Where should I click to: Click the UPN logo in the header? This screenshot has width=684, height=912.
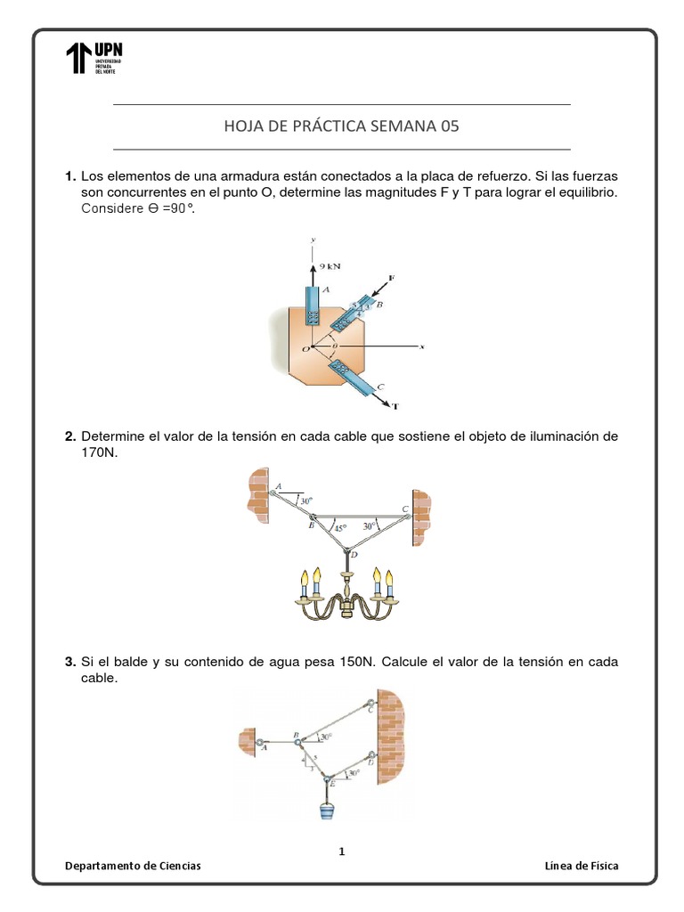(94, 58)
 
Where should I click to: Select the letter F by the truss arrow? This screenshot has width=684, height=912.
(392, 280)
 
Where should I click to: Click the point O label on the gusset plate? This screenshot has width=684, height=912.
(305, 349)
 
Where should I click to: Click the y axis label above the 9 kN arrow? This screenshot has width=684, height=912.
(313, 240)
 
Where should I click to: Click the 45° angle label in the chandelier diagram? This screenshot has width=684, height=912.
(339, 527)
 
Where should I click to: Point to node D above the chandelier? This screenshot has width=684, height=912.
(354, 555)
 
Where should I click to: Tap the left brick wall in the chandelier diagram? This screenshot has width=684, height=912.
(258, 493)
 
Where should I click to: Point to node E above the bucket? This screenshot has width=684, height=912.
(332, 783)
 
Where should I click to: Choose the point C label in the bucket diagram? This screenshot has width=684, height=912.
(370, 709)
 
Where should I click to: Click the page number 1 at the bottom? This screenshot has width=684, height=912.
(342, 851)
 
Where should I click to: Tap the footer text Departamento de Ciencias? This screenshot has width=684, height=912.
(134, 866)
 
